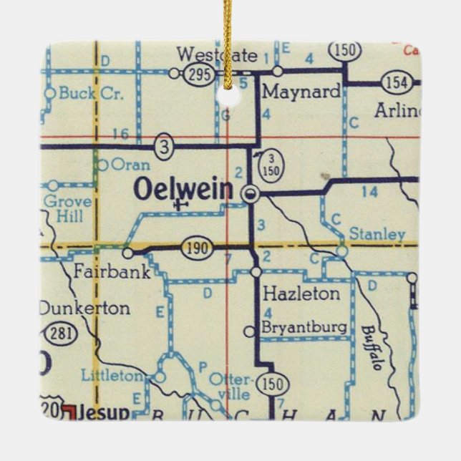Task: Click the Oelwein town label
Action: coord(183,190)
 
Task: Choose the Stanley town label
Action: coord(377,234)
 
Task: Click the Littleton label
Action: coord(112,375)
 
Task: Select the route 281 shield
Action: coord(59,333)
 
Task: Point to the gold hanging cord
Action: coord(228,36)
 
